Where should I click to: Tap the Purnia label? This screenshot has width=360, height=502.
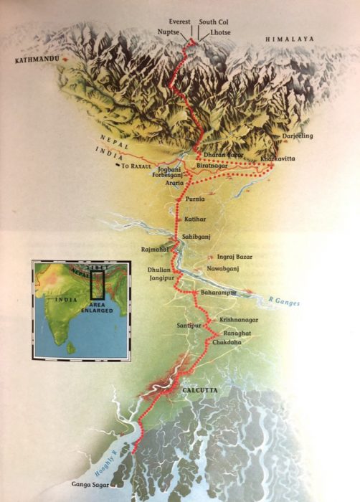194,198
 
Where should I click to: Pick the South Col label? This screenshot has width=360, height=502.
212,22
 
